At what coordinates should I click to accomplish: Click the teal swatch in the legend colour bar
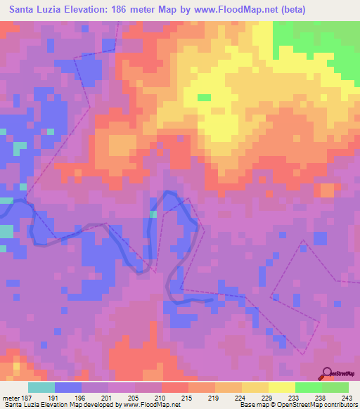point(41,387)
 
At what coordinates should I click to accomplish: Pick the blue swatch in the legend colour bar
point(67,387)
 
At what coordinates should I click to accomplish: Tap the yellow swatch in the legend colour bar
point(255,387)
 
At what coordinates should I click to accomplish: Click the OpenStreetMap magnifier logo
point(328,373)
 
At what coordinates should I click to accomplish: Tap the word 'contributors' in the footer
point(340,405)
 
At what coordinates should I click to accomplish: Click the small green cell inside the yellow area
point(204,98)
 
